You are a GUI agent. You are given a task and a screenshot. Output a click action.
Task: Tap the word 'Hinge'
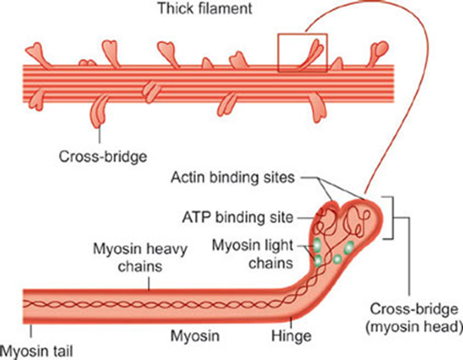click(x=293, y=335)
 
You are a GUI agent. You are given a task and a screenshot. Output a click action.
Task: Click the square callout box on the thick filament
click(x=302, y=53)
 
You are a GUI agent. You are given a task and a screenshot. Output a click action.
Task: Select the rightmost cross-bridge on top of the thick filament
click(x=379, y=50)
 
